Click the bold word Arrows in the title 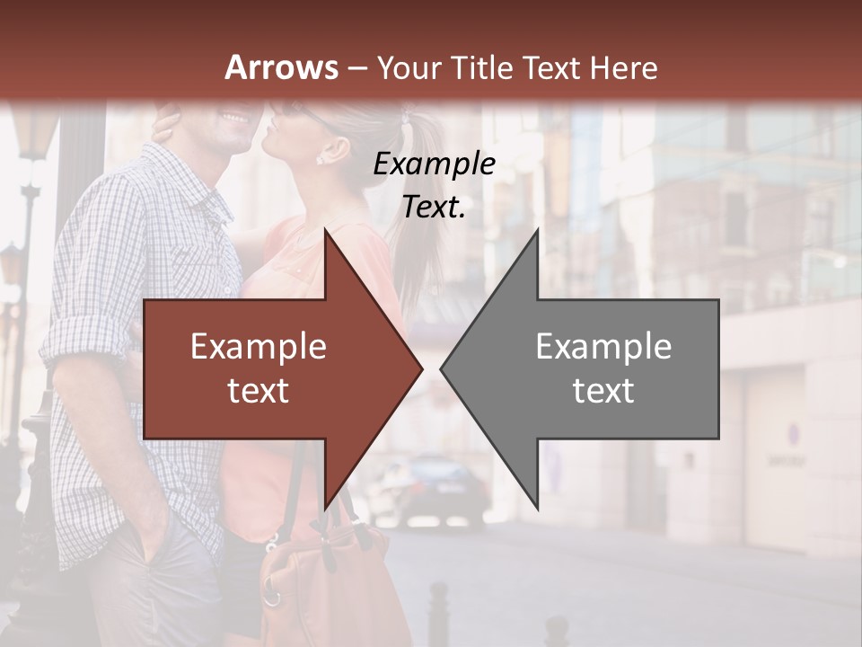click(x=282, y=67)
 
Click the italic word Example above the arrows click(x=434, y=164)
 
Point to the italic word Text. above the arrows click(x=434, y=207)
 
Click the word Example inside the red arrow click(x=259, y=347)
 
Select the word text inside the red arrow click(x=259, y=391)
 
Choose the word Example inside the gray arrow click(x=603, y=347)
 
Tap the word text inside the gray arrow click(x=603, y=391)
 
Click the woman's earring click(x=320, y=159)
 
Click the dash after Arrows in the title click(x=356, y=69)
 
